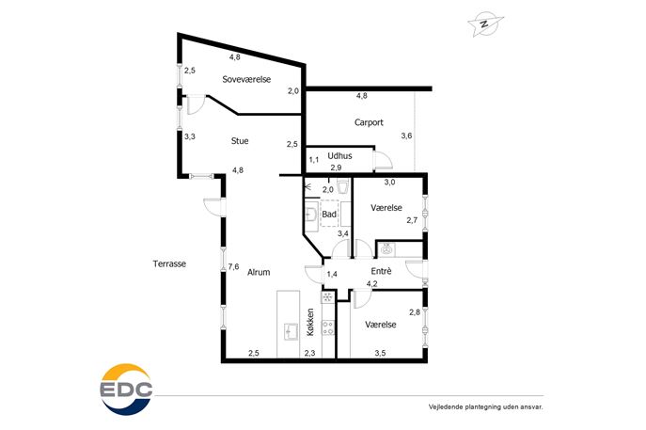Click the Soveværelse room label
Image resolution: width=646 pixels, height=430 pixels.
(246, 79)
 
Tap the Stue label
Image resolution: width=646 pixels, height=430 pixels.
(240, 141)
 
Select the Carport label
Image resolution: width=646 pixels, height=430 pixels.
(369, 122)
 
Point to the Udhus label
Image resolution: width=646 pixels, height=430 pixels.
(339, 156)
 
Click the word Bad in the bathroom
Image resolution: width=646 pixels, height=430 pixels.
(329, 214)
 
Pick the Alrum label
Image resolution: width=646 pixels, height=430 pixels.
(259, 272)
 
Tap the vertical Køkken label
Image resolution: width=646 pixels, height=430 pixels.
(310, 323)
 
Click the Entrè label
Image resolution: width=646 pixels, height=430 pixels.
(381, 271)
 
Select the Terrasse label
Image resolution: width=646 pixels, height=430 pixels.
(169, 263)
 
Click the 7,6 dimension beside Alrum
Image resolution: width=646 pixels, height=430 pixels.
(233, 266)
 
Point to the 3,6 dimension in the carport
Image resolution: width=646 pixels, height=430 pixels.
(406, 135)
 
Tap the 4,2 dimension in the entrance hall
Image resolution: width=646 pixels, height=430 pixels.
(372, 283)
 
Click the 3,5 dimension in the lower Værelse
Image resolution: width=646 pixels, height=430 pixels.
(380, 353)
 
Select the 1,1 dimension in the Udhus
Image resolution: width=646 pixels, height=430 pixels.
(314, 160)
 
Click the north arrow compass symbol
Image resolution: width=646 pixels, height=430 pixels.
(485, 24)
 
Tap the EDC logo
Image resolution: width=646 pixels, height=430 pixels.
(127, 390)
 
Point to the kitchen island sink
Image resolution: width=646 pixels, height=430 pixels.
(291, 331)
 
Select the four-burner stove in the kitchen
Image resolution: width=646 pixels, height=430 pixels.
(328, 327)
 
